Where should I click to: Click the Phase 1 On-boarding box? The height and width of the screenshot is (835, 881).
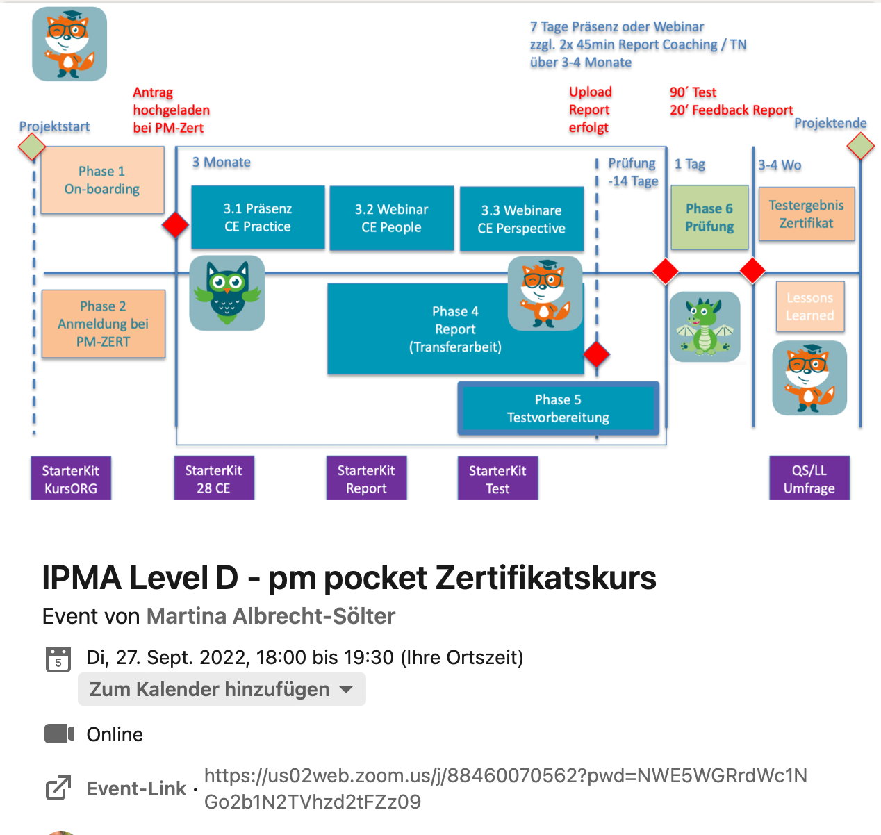coord(102,180)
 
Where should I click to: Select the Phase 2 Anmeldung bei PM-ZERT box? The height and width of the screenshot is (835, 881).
coord(104,324)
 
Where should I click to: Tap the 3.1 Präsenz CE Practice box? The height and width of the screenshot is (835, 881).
coord(258,217)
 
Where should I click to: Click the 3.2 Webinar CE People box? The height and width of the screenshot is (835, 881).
coord(391,218)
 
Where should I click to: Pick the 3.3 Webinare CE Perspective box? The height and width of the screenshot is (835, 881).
coord(521,219)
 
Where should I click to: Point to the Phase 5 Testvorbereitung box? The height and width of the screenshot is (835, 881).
coord(558,408)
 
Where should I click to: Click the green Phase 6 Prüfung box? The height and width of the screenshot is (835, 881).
coord(709,217)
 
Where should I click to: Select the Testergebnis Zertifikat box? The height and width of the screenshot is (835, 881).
coord(806,214)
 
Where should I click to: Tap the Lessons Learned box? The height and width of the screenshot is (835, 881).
coord(809,306)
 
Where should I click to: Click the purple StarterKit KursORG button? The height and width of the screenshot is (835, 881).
coord(71,479)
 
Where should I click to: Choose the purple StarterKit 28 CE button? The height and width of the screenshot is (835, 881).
coord(214,479)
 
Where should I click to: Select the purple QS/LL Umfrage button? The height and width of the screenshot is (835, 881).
coord(809,479)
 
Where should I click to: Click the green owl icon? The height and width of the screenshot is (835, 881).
coord(227,292)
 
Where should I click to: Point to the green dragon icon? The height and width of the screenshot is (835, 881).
coord(705,326)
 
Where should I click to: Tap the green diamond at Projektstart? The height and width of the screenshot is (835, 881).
coord(31,147)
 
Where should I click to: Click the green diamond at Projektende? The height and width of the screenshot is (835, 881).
coord(861,146)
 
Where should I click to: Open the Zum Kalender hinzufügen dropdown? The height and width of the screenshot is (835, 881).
coord(222,689)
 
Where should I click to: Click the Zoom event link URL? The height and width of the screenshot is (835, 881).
coord(505,788)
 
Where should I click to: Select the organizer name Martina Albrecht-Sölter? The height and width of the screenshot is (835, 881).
coord(271,616)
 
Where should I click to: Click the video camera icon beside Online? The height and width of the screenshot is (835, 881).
coord(59,734)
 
